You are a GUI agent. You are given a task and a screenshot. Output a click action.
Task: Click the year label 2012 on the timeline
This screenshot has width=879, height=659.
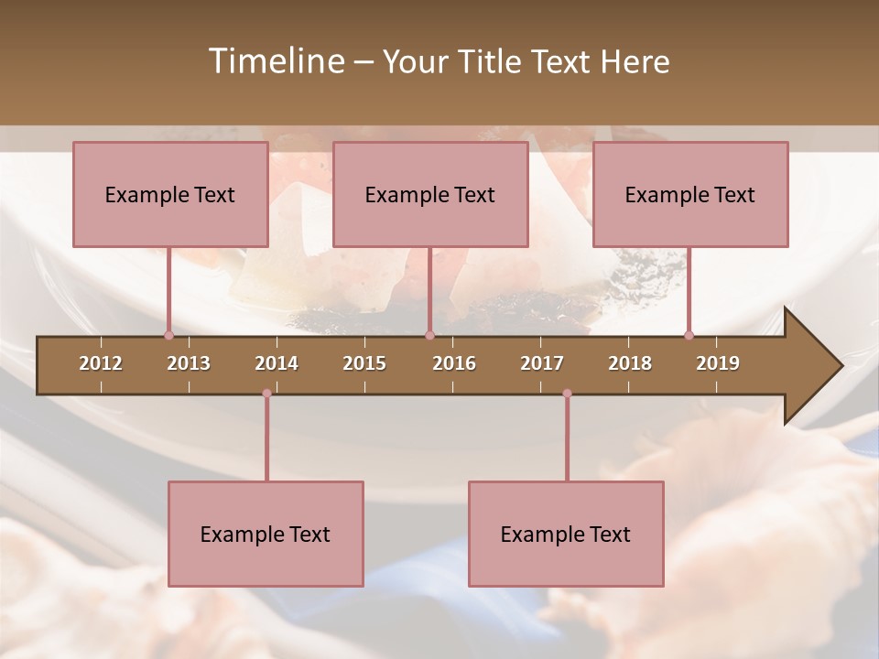(101, 363)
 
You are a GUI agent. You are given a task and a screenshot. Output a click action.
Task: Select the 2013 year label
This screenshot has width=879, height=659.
(189, 363)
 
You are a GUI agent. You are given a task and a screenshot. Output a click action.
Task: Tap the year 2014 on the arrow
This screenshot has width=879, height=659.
(277, 363)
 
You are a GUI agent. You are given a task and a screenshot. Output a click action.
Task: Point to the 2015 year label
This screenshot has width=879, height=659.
(364, 363)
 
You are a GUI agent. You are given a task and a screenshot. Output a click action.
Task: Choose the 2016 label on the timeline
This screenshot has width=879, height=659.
(454, 363)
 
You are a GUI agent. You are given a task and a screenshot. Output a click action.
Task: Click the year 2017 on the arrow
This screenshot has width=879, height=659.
(542, 363)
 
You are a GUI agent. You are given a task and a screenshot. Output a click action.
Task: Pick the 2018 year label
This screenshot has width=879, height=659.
(630, 363)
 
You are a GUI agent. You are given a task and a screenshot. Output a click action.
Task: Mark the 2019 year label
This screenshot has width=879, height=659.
(718, 363)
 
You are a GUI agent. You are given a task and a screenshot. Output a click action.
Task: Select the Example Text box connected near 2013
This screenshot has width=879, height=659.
(170, 194)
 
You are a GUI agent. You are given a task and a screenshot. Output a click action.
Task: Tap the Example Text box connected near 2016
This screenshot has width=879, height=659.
(430, 194)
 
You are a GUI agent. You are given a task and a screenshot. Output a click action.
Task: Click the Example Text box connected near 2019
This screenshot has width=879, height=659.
(690, 194)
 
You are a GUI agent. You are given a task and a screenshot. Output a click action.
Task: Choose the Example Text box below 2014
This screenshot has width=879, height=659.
(266, 534)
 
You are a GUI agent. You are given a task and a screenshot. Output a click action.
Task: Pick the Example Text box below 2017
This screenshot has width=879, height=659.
(566, 534)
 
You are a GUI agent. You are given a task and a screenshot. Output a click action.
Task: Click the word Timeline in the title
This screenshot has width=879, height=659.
(276, 61)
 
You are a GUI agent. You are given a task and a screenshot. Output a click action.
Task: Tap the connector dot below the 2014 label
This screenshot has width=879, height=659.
(266, 394)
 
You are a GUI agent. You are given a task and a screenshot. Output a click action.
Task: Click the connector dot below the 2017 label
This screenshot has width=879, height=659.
(567, 394)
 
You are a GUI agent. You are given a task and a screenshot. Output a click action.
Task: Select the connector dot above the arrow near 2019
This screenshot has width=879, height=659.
(689, 335)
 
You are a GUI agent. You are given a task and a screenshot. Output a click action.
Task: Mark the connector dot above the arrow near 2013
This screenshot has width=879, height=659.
(168, 335)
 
